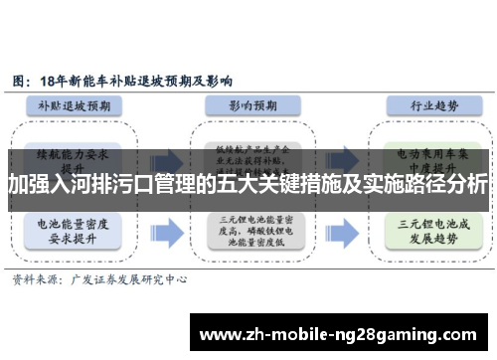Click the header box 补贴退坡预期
(77, 104)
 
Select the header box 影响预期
(247, 104)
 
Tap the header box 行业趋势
(420, 104)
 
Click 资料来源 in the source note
(35, 280)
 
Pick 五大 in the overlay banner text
(240, 184)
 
